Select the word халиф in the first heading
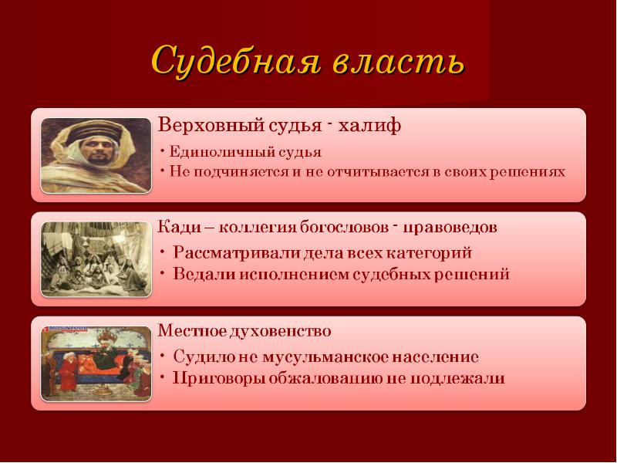coord(370,125)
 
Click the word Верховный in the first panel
coord(211,126)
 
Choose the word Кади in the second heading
coord(180,227)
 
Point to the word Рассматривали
coord(236,252)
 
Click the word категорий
coord(429,253)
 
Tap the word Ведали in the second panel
coord(204,274)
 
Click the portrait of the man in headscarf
coord(96,156)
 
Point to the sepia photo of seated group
coord(96,259)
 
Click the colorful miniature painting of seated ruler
coord(96,363)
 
